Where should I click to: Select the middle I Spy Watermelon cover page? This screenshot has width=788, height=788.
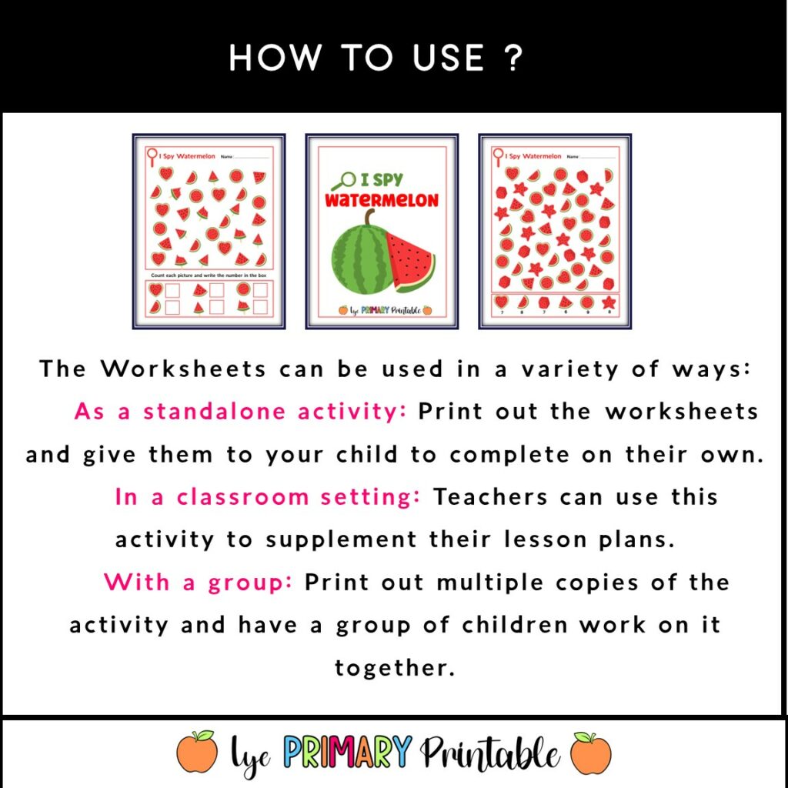pyautogui.click(x=382, y=232)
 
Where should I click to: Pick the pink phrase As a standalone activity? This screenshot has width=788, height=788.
pyautogui.click(x=240, y=411)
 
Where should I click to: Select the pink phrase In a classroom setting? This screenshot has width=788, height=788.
pyautogui.click(x=267, y=497)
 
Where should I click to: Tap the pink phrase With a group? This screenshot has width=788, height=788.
pyautogui.click(x=199, y=582)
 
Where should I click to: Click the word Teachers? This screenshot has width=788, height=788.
pyautogui.click(x=492, y=497)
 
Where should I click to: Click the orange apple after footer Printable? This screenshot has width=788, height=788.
pyautogui.click(x=592, y=752)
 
